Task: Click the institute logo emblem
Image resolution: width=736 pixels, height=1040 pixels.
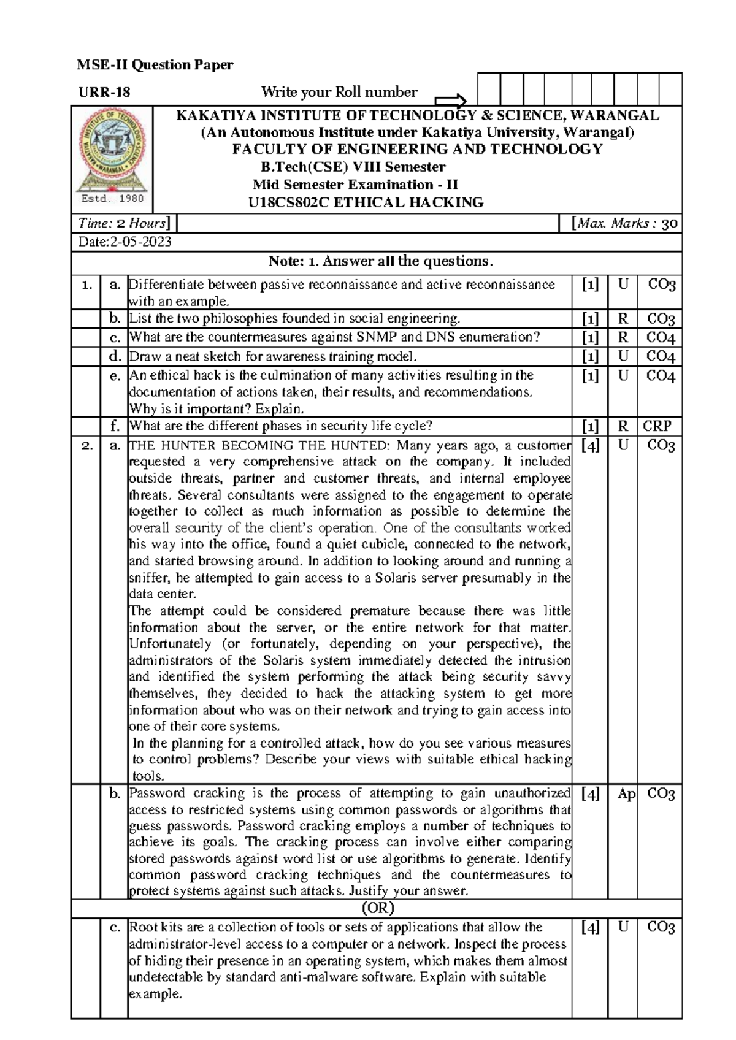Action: tap(112, 151)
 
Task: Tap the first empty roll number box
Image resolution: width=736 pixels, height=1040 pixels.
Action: tap(488, 90)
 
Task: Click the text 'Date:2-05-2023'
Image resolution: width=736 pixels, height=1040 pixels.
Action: tap(125, 242)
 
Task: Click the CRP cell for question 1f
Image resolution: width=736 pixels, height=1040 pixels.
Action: tap(657, 426)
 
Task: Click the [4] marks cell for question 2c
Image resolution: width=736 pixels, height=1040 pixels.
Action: tap(590, 928)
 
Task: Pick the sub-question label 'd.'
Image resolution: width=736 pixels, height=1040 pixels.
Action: tap(114, 356)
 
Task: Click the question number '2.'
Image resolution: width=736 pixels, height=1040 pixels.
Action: tap(86, 446)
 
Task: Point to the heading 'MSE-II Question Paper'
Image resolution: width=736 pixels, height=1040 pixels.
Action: tap(155, 65)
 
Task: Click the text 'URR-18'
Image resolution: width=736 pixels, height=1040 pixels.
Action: tap(104, 93)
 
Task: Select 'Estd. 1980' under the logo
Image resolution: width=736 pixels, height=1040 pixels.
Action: tap(112, 199)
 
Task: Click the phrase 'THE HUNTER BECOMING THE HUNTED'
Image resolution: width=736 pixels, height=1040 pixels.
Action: tap(259, 446)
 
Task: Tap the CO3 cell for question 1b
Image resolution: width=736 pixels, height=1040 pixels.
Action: tap(661, 319)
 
